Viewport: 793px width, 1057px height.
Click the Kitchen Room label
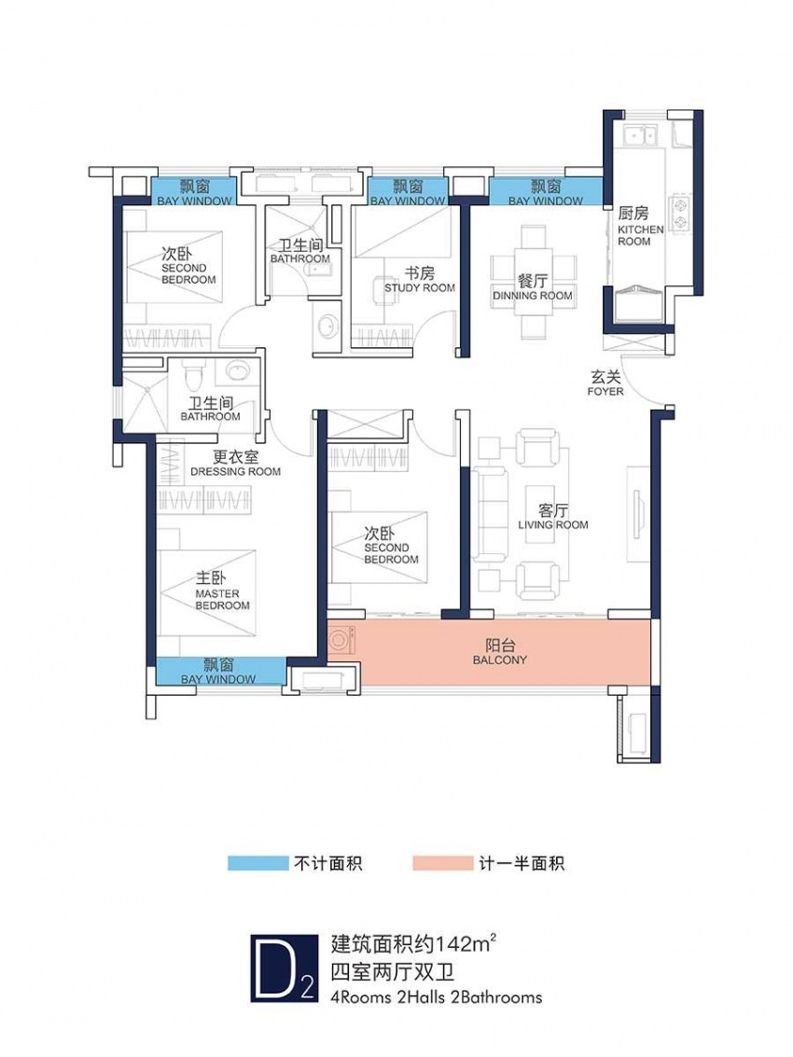pyautogui.click(x=640, y=227)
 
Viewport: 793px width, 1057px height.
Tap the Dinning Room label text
pyautogui.click(x=532, y=288)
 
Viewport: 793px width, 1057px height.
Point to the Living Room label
pyautogui.click(x=553, y=517)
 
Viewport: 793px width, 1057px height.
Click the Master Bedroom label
pyautogui.click(x=222, y=591)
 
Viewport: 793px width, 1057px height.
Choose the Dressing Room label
pyautogui.click(x=235, y=464)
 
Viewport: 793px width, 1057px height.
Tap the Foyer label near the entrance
pyautogui.click(x=605, y=382)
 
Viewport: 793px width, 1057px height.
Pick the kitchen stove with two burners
pyautogui.click(x=679, y=213)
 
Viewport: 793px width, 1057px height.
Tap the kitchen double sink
pyautogui.click(x=639, y=134)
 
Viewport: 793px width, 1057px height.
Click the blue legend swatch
pyautogui.click(x=257, y=863)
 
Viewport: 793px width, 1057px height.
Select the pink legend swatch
pyautogui.click(x=443, y=863)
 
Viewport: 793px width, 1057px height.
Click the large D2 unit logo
pyautogui.click(x=284, y=968)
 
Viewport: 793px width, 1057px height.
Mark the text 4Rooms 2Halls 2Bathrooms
pyautogui.click(x=437, y=997)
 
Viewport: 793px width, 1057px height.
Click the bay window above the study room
pyautogui.click(x=408, y=191)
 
